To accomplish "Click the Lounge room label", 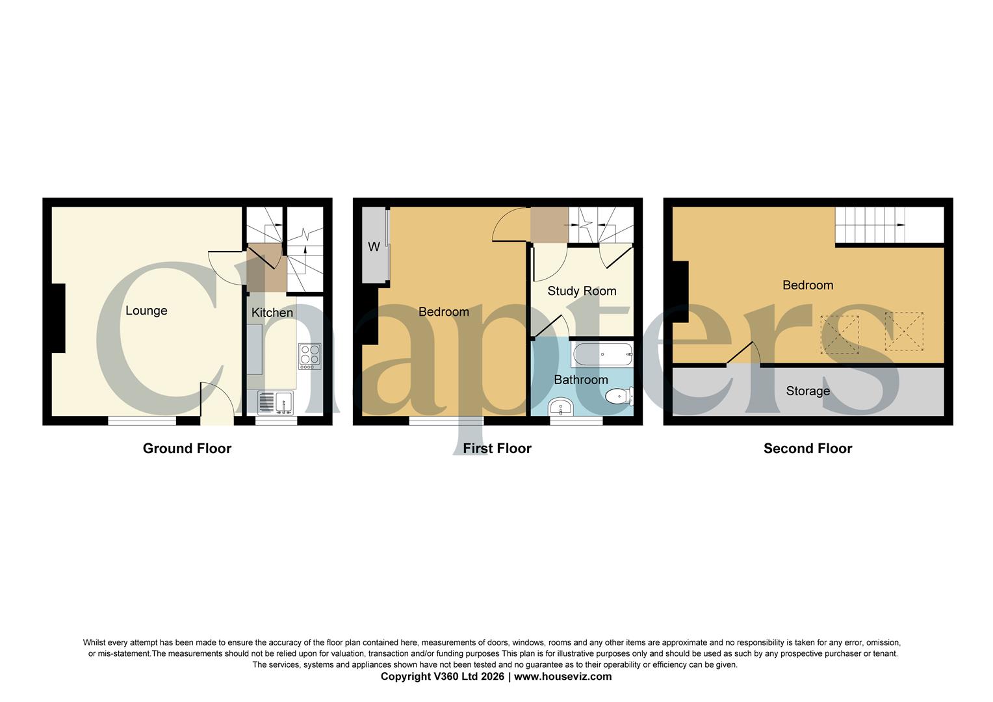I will pyautogui.click(x=146, y=311).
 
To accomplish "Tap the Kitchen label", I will pyautogui.click(x=272, y=313).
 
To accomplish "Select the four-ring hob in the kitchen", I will pyautogui.click(x=309, y=356).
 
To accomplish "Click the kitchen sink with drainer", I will pyautogui.click(x=276, y=403).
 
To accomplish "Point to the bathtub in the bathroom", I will pyautogui.click(x=602, y=355).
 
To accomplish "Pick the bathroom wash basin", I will pyautogui.click(x=560, y=408).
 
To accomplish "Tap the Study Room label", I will pyautogui.click(x=582, y=291).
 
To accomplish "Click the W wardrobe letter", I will pyautogui.click(x=374, y=247).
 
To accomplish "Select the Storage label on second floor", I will pyautogui.click(x=808, y=391).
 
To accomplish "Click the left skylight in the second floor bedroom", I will pyautogui.click(x=840, y=335).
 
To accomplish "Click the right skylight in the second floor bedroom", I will pyautogui.click(x=904, y=331).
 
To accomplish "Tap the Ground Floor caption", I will pyautogui.click(x=187, y=448).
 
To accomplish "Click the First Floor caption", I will pyautogui.click(x=497, y=448).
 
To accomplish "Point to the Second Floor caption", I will pyautogui.click(x=808, y=448).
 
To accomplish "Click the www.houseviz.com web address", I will pyautogui.click(x=563, y=677).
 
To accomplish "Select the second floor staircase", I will pyautogui.click(x=870, y=225).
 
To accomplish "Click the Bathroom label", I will pyautogui.click(x=581, y=380).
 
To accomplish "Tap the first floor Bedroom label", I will pyautogui.click(x=444, y=312).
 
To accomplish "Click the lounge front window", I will pyautogui.click(x=142, y=421).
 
